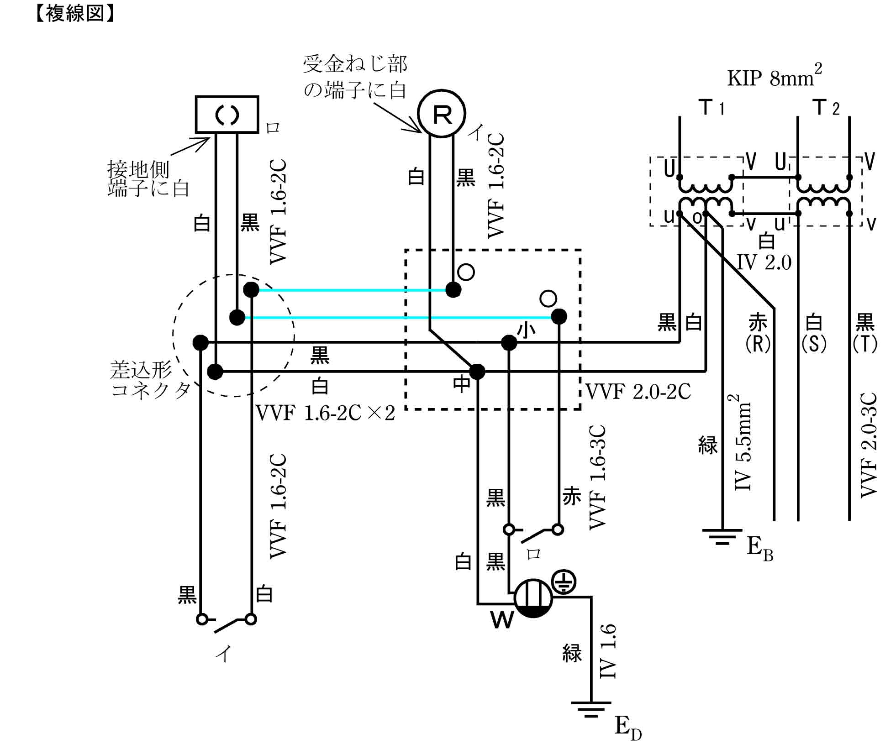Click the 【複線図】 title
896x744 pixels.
74,14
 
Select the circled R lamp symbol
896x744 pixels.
441,114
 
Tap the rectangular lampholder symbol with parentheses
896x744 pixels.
227,114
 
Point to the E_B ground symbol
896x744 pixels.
722,537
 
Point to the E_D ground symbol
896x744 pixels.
591,709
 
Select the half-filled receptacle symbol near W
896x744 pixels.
533,598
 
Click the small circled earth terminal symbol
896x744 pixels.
564,582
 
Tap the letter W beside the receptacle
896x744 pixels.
502,620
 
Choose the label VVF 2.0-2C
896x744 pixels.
638,392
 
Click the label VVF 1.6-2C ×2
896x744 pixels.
325,413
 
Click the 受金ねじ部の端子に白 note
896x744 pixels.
355,77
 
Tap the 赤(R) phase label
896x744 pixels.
758,334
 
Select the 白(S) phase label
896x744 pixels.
814,334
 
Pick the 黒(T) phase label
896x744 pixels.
864,334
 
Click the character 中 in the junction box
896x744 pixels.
462,384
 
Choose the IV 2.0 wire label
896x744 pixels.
764,262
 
